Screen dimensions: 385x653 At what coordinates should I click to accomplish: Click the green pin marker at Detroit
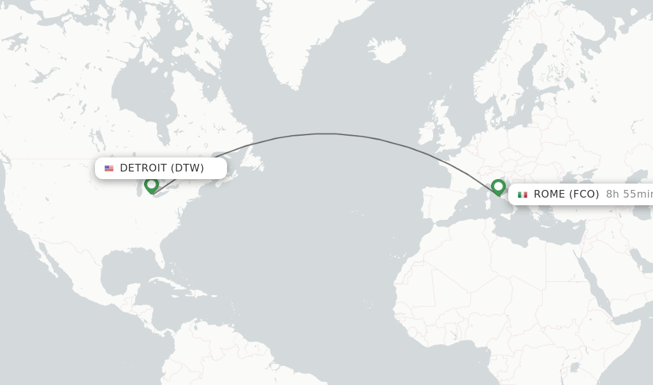coord(151,185)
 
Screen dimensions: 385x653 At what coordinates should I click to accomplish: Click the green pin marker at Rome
coord(498,187)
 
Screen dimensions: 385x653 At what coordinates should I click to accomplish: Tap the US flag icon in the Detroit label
coord(109,168)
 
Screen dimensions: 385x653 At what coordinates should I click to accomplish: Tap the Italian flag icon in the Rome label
coord(522,194)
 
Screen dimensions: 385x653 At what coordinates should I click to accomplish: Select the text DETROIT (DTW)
coord(162,168)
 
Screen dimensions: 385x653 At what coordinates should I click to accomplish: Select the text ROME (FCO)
coord(566,194)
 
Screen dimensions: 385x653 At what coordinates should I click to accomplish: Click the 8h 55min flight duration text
coord(629,194)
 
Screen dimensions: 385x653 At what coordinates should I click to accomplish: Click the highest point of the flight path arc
coord(325,133)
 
